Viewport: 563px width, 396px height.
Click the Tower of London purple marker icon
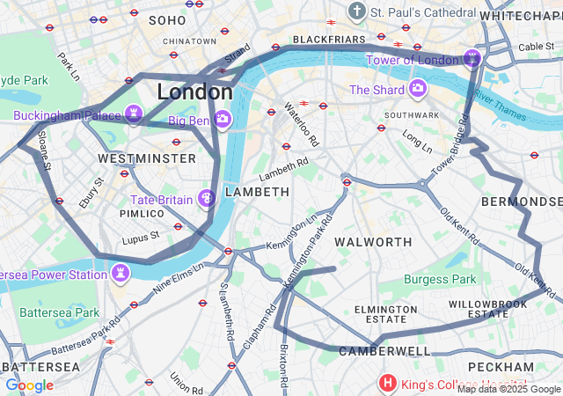tap(472, 59)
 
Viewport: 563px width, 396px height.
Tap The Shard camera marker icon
tap(416, 89)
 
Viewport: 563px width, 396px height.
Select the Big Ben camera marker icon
tap(223, 118)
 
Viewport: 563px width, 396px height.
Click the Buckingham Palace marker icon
tap(134, 113)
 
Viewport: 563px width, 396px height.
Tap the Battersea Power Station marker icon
tap(120, 274)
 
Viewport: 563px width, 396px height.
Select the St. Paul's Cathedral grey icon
tap(356, 11)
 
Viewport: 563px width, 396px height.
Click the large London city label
tap(194, 92)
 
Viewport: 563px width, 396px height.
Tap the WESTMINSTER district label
tap(147, 158)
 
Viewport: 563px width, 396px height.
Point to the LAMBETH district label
tap(257, 192)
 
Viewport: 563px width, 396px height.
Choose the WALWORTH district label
tap(374, 241)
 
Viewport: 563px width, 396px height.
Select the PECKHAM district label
tap(501, 366)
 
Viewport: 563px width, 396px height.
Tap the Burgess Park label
tap(439, 280)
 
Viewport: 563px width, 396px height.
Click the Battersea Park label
tap(60, 312)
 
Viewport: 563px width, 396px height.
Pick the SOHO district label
tap(167, 19)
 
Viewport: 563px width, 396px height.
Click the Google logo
tap(29, 385)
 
